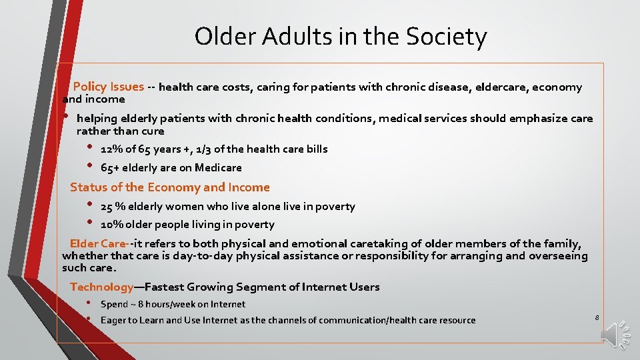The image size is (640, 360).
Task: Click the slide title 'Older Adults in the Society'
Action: (x=341, y=37)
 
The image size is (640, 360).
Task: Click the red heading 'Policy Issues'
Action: (x=108, y=87)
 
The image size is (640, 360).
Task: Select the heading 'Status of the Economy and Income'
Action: (x=170, y=187)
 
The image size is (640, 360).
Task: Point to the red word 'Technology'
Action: (x=102, y=287)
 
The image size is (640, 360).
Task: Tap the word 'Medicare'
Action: (x=218, y=167)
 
